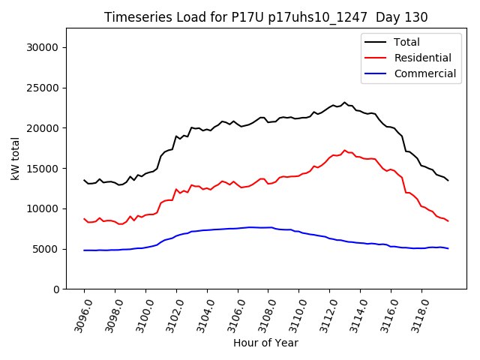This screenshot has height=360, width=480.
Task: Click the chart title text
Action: point(265,17)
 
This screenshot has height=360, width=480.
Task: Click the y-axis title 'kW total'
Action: point(16,158)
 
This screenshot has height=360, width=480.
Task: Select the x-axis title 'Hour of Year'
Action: point(265,343)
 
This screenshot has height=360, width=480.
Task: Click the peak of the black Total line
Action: point(344,103)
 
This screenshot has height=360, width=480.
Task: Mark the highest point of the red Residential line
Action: point(344,151)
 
